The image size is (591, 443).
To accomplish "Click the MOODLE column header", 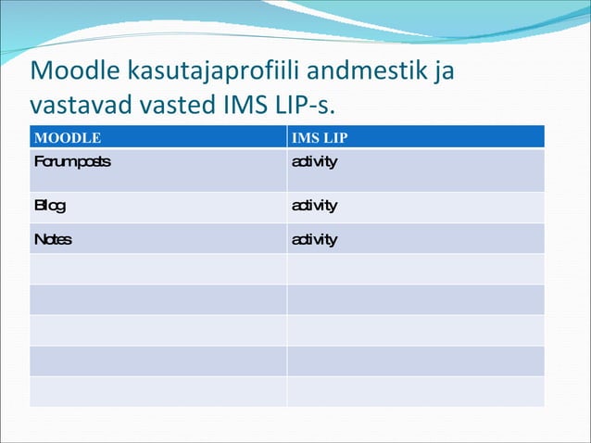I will tap(68, 138).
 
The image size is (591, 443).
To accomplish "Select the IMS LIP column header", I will tap(320, 138).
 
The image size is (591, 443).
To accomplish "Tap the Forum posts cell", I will tap(72, 162).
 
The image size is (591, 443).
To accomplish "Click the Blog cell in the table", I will tap(50, 206).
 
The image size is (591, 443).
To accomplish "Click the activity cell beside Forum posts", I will tap(314, 162).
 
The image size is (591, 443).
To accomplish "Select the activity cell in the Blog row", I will tap(314, 206).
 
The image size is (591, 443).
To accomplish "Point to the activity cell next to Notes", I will tap(314, 240).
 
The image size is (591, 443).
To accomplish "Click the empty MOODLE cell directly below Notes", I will tap(158, 269).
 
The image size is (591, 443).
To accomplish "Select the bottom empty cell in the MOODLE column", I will tap(158, 391).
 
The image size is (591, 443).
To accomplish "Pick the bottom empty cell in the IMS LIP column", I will tap(415, 391).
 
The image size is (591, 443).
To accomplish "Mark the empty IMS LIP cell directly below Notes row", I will tap(415, 269).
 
